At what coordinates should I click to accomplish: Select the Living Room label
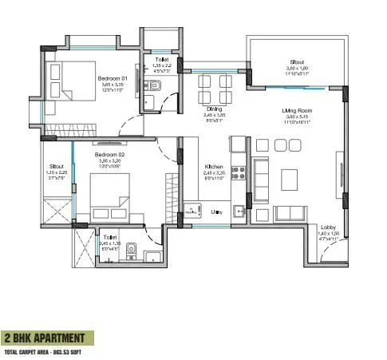(296, 110)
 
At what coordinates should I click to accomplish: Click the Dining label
(214, 109)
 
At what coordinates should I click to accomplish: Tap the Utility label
(216, 212)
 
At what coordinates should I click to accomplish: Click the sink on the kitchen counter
(238, 211)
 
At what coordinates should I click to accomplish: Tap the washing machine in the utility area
(192, 211)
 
